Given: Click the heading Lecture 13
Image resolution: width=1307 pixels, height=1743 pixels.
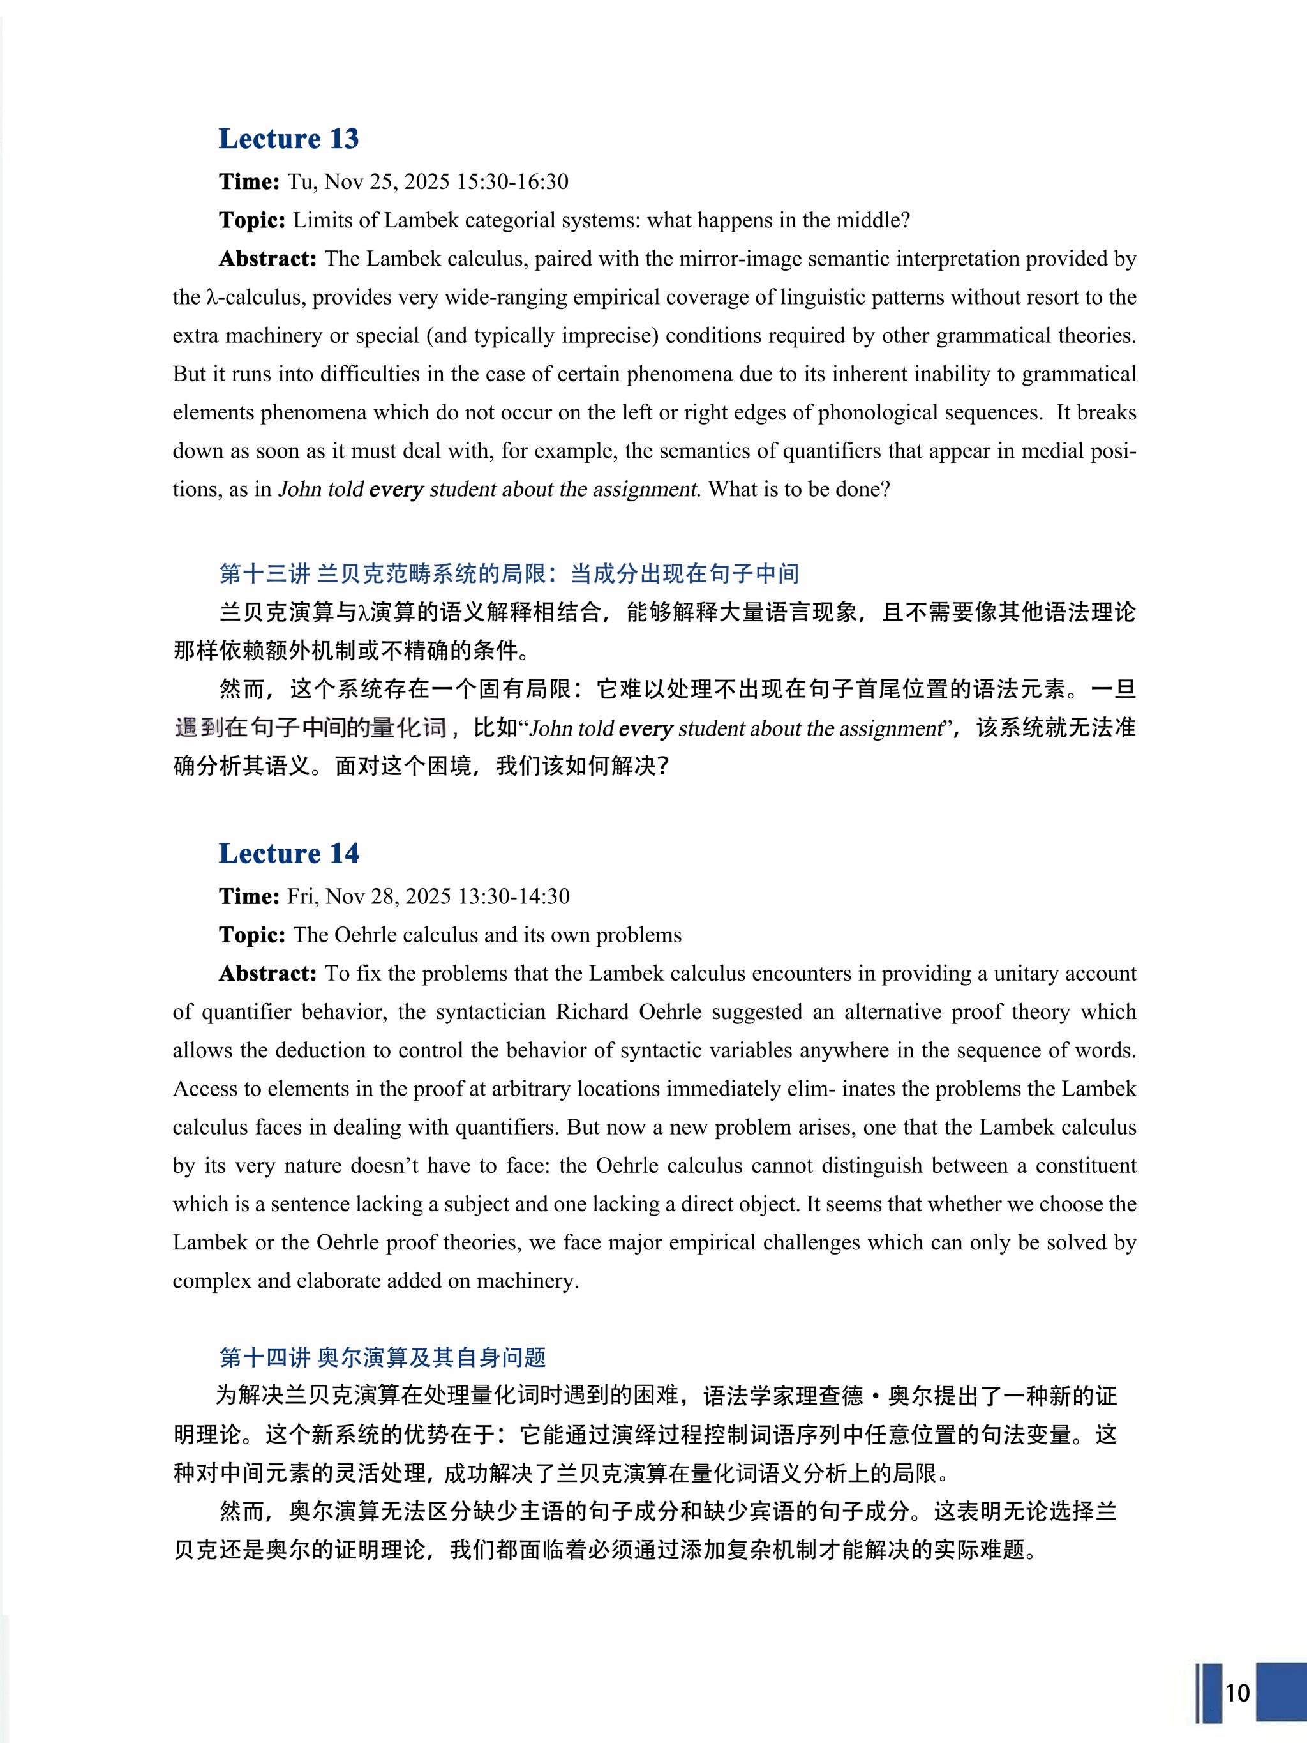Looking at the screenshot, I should click(288, 139).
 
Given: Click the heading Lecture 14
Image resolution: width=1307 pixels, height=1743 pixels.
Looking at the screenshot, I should click(288, 854).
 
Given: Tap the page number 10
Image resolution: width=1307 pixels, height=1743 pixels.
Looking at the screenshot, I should click(1237, 1693).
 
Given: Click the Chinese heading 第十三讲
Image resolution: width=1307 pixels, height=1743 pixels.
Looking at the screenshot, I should click(265, 573).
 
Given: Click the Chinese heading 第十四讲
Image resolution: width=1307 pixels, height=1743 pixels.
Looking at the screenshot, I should click(265, 1357).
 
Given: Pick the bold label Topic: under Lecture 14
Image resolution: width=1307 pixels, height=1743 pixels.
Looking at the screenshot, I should click(252, 935).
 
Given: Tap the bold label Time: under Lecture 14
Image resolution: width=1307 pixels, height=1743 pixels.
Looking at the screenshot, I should click(249, 896).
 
